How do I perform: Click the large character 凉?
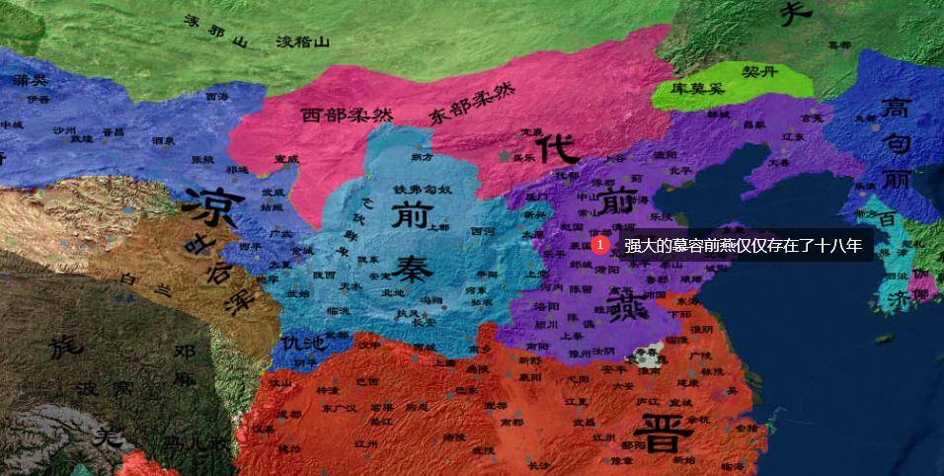(209, 206)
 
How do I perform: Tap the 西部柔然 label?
(347, 114)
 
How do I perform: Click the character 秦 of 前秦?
(408, 268)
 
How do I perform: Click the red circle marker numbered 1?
(599, 244)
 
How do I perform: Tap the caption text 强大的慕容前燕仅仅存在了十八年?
(743, 245)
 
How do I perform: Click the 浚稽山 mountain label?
(302, 42)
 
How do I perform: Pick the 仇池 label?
(301, 344)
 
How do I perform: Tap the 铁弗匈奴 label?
(423, 190)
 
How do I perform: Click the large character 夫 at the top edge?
(796, 12)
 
